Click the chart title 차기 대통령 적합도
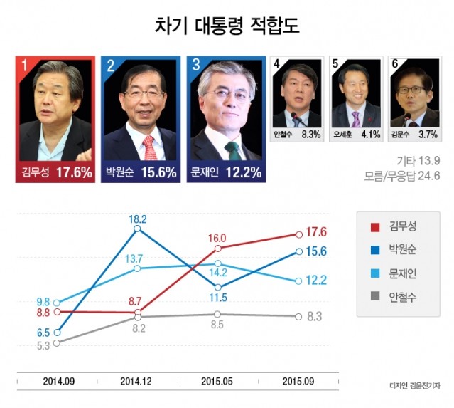(x=227, y=26)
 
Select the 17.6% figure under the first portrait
(x=73, y=173)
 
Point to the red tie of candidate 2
(x=148, y=147)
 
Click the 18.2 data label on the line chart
(x=138, y=220)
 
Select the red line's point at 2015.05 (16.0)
(x=218, y=249)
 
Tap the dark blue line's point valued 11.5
(x=218, y=286)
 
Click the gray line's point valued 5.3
(x=57, y=342)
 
